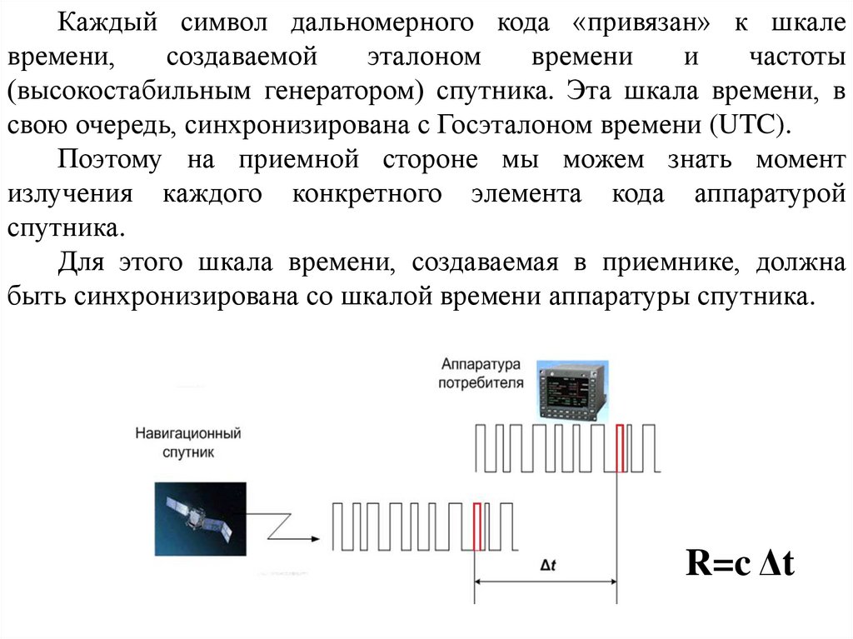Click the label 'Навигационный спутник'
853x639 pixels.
click(188, 442)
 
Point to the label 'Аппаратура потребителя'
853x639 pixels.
click(482, 374)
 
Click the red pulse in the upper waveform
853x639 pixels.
click(620, 448)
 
